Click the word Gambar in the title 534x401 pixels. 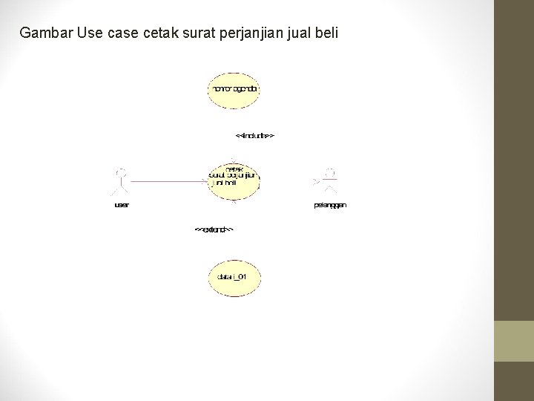tap(46, 33)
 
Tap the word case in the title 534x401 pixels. tap(119, 33)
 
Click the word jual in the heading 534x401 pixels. tap(291, 33)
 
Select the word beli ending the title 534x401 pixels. tap(323, 33)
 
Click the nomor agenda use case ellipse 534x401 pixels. tap(234, 90)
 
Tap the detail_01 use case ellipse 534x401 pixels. tap(234, 277)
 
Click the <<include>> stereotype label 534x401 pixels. tap(255, 136)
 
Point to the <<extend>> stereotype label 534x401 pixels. tap(214, 229)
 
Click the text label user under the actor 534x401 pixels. tap(122, 205)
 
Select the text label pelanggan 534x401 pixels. tap(330, 205)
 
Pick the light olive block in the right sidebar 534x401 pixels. tap(513, 341)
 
